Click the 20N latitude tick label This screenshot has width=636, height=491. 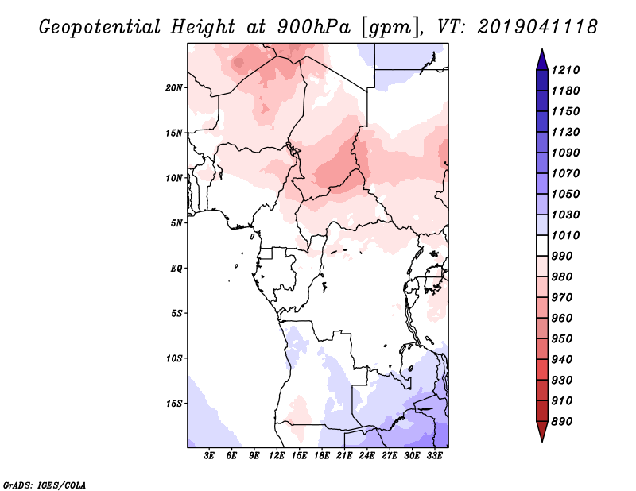(173, 88)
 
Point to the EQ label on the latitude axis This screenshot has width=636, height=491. (176, 269)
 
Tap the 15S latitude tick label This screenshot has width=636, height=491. (173, 404)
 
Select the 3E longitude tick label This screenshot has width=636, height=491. (209, 455)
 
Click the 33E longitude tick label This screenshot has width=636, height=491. (434, 455)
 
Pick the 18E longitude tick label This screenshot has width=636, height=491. (322, 455)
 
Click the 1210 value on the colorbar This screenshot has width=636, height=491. (565, 70)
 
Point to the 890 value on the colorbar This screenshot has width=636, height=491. (562, 422)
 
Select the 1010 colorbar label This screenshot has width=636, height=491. (565, 235)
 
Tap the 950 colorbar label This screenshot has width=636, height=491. (562, 339)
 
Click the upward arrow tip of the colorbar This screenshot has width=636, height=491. (542, 49)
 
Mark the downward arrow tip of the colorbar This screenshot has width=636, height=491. (542, 441)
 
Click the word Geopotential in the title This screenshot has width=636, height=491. (100, 28)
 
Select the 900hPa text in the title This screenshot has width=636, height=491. (313, 27)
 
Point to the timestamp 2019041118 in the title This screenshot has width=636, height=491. (537, 27)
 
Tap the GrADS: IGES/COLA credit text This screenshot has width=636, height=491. (45, 485)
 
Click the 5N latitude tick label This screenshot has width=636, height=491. (176, 223)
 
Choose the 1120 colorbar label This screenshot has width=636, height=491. (565, 132)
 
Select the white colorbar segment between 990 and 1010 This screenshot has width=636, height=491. (542, 246)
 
